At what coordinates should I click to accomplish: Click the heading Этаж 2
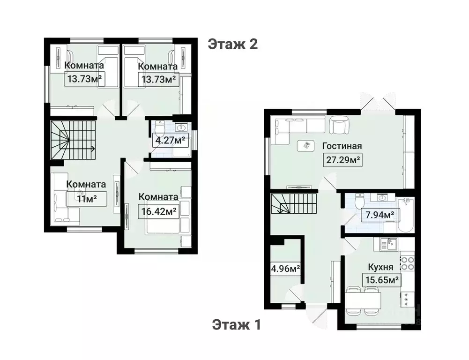click(233, 44)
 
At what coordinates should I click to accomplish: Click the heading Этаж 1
click(236, 324)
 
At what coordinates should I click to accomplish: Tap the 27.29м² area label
click(342, 160)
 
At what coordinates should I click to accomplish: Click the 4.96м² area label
click(285, 269)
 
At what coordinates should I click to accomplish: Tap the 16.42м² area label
click(159, 211)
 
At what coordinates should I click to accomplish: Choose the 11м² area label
click(86, 198)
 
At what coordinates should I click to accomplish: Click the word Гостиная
click(342, 146)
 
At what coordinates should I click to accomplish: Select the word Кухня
click(380, 267)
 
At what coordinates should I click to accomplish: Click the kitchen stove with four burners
click(407, 262)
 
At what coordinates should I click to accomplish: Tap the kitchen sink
click(388, 244)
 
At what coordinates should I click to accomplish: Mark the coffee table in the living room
click(305, 146)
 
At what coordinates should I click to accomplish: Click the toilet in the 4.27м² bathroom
click(160, 128)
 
